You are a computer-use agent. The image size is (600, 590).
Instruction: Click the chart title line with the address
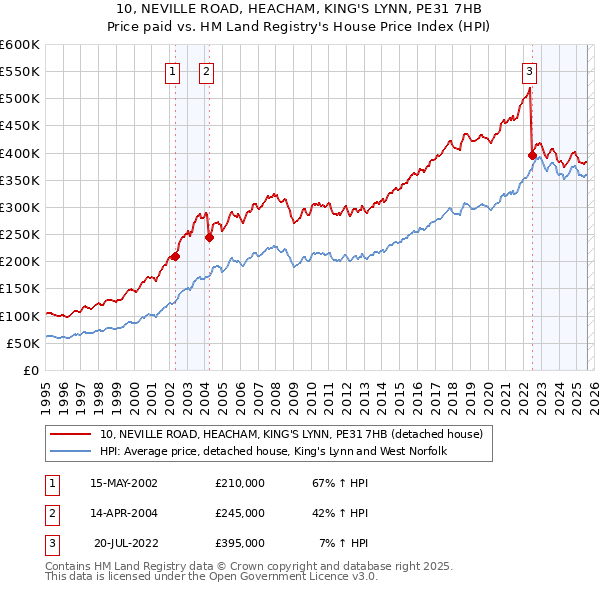299,8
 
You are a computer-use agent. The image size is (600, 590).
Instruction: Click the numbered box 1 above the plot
173,71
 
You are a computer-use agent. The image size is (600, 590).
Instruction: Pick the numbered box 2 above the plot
206,71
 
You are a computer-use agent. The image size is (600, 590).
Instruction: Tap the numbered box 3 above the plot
529,71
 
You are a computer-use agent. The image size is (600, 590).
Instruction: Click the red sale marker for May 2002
175,256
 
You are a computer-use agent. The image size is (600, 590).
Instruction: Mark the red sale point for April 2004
209,237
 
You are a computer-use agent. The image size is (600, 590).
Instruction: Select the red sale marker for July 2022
532,155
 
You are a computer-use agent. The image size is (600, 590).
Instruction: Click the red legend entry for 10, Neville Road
291,434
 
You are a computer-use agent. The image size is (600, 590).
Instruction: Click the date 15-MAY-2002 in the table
124,483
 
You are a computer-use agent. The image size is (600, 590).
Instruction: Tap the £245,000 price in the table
240,513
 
